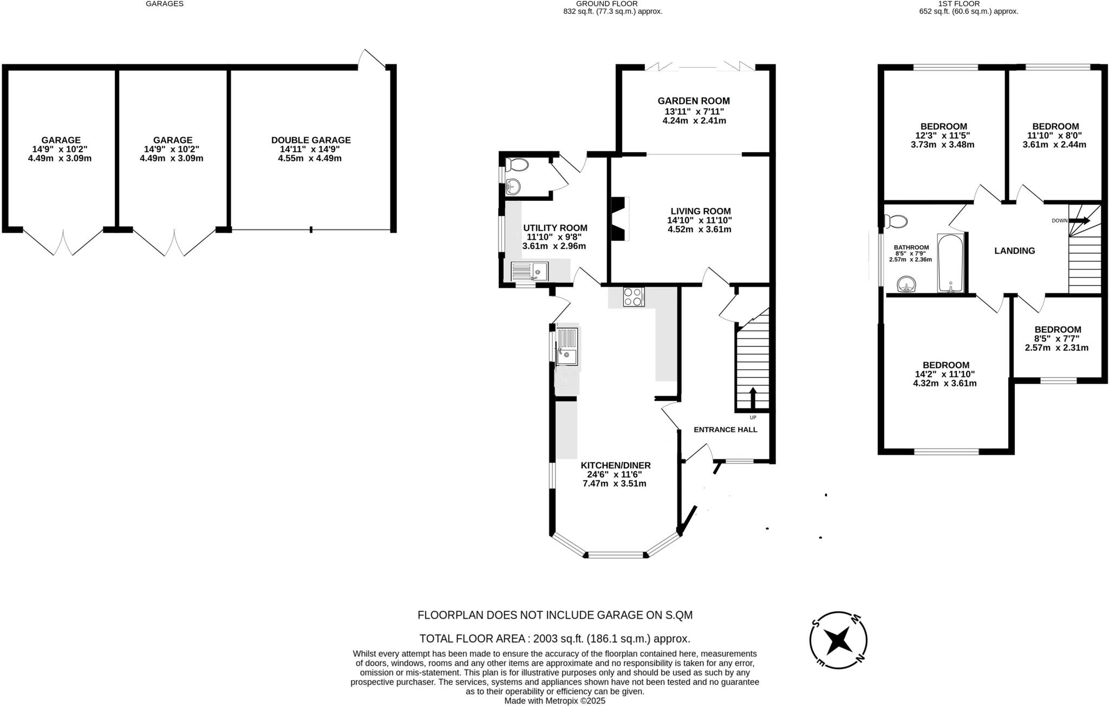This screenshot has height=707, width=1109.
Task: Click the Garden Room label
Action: coord(693,101)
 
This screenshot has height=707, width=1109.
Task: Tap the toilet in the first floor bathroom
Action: coord(897,221)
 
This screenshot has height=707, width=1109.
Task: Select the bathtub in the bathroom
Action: coord(950,263)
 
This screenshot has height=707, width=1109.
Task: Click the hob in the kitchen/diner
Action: coord(634,297)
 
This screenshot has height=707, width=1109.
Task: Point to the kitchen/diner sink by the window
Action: coord(567,346)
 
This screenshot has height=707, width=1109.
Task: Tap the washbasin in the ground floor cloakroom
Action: coord(512,187)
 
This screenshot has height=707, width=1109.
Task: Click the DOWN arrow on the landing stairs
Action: coord(1079,220)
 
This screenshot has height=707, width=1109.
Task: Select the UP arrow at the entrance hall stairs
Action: coord(752,398)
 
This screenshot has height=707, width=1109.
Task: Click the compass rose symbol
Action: coord(838,640)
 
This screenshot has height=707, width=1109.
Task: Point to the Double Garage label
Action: coord(311,140)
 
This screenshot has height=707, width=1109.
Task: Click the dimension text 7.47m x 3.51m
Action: coord(614,483)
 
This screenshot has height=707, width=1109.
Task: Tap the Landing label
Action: coord(1014,251)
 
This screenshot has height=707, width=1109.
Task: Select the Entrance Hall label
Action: coord(725,430)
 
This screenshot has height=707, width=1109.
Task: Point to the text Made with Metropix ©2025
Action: coord(554,701)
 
